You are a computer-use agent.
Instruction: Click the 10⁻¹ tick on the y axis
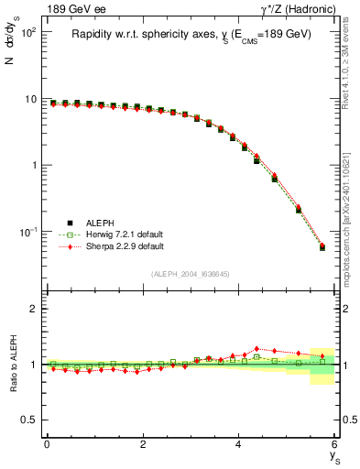26,232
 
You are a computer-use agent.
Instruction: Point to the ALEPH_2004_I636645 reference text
191,274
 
